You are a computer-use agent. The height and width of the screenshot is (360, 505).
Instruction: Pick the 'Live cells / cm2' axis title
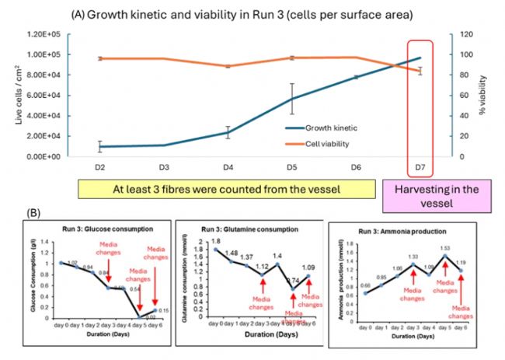click(x=10, y=95)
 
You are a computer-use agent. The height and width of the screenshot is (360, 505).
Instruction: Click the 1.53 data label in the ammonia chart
click(x=446, y=248)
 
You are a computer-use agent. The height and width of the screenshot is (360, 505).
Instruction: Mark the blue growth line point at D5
click(x=292, y=99)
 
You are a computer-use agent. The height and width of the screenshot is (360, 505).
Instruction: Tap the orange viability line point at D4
click(x=228, y=66)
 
